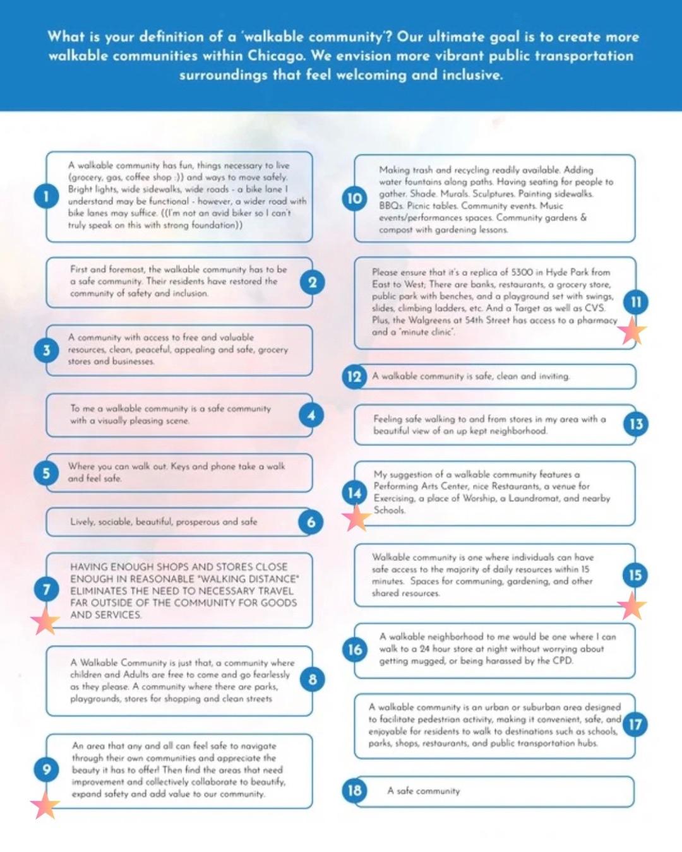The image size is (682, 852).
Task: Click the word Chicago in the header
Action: click(276, 56)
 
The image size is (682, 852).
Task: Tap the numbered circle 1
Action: click(46, 196)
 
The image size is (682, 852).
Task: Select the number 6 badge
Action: click(311, 522)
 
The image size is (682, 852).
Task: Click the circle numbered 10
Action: click(355, 199)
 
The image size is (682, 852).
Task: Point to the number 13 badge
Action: click(636, 424)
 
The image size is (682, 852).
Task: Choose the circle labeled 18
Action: click(355, 790)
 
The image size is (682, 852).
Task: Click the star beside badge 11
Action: click(631, 331)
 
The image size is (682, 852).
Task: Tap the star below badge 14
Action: click(356, 518)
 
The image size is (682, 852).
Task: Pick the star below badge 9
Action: click(45, 805)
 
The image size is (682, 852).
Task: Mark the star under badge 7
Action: click(45, 622)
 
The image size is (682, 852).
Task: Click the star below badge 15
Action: click(632, 606)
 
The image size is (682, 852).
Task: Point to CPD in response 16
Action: click(562, 661)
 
